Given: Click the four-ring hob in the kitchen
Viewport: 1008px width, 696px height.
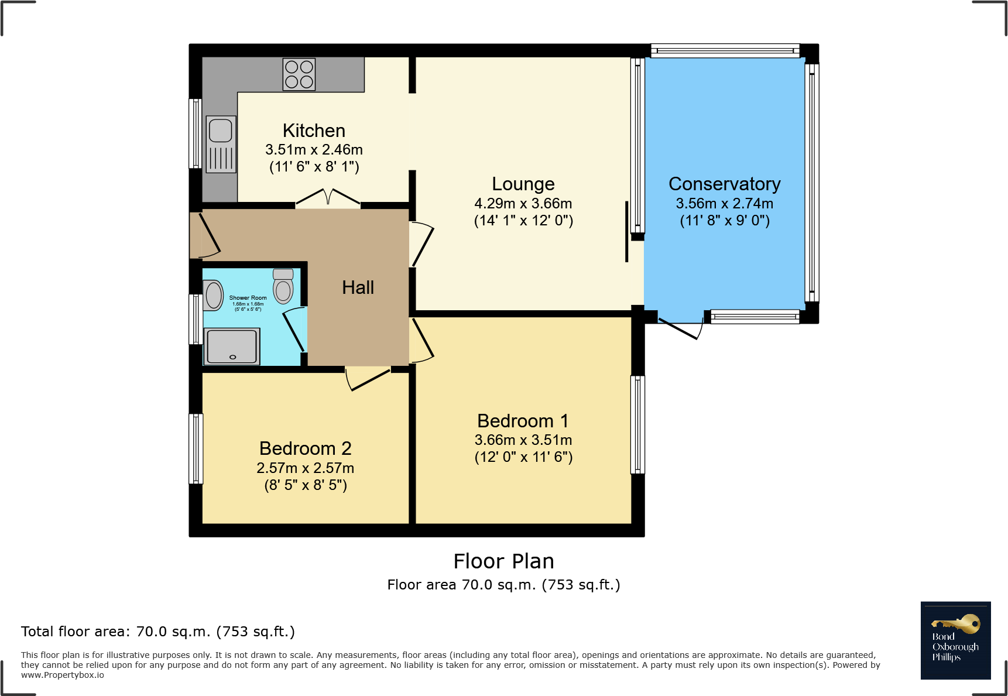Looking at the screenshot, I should click(299, 74).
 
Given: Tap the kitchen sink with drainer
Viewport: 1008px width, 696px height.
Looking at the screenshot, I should click(221, 144).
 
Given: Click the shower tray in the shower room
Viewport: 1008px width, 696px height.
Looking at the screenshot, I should click(232, 347).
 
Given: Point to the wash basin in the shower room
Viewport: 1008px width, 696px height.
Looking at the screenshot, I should click(213, 295).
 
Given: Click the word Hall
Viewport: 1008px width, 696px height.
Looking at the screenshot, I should click(358, 287).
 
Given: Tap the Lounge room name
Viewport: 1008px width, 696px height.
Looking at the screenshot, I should click(523, 184).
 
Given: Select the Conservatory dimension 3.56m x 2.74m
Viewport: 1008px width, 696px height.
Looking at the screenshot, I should click(724, 204).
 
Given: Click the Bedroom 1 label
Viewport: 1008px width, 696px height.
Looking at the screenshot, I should click(523, 421).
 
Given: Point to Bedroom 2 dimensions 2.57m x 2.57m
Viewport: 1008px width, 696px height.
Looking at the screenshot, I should click(305, 468).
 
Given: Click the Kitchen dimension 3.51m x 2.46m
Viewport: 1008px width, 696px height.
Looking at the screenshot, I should click(314, 150).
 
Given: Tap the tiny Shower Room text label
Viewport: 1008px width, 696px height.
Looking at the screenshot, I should click(248, 298).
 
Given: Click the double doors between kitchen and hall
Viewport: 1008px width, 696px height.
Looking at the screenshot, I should click(328, 198).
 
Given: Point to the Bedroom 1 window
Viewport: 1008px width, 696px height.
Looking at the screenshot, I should click(637, 424).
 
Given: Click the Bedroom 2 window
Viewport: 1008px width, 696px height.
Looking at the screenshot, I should click(196, 449).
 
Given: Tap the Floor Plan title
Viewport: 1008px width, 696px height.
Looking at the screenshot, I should click(503, 561).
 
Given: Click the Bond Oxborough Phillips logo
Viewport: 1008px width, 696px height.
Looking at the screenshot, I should click(955, 640).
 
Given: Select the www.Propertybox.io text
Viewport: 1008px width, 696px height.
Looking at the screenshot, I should click(63, 676).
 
